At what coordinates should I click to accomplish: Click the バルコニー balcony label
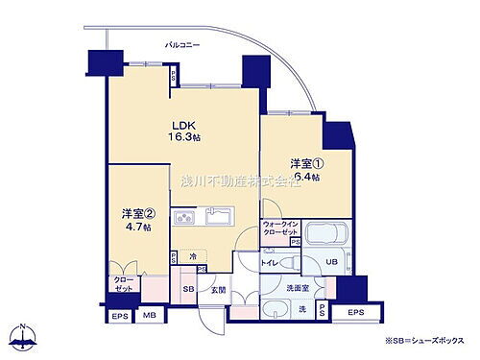point(182,45)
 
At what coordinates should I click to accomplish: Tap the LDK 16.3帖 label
point(185,131)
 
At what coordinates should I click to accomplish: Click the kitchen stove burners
point(183,219)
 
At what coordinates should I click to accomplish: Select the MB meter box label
point(149,315)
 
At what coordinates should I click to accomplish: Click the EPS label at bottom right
point(354,313)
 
